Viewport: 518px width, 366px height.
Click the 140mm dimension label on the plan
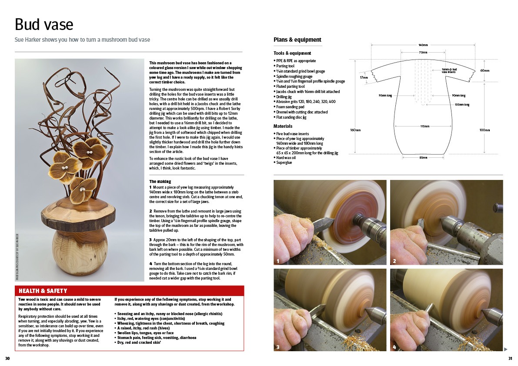423,45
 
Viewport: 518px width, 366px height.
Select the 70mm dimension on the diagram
423,53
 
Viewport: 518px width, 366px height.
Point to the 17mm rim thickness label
364,77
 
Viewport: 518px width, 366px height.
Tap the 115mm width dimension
424,126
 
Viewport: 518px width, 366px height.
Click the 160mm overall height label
355,130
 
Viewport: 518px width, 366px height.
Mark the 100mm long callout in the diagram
462,104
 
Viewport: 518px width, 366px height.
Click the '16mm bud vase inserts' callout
449,70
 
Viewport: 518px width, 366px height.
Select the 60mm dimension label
485,70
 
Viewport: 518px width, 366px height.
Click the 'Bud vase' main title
44,24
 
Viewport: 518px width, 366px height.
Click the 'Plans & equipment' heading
297,40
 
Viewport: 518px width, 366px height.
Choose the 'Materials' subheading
283,126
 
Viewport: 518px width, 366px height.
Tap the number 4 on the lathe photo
394,347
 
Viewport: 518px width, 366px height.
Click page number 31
510,359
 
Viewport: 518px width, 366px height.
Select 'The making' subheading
160,181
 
